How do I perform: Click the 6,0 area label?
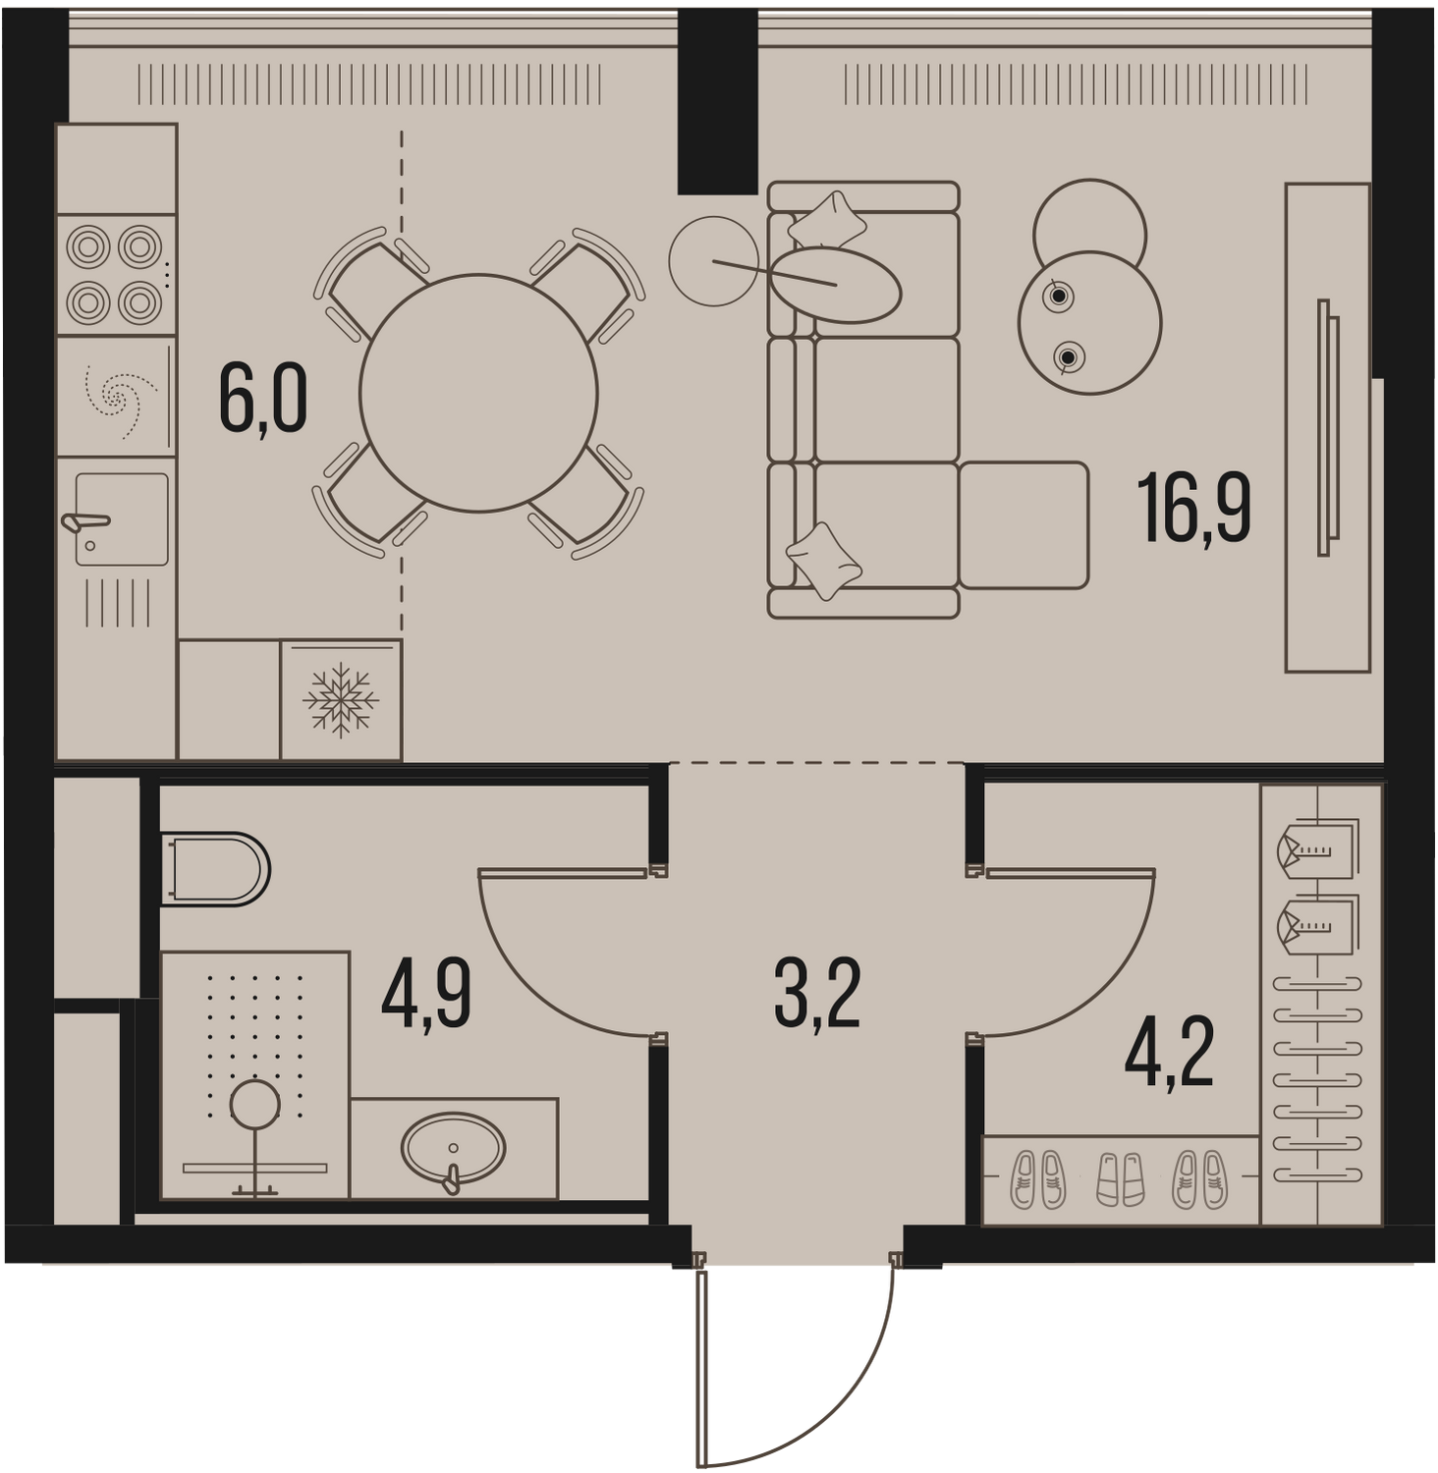coord(263,398)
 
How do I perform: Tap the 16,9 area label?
coord(1193,507)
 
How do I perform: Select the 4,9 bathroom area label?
coord(426,996)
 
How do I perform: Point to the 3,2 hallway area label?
coord(817,994)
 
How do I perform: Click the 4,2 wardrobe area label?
coord(1169,1052)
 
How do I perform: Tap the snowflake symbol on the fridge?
coord(341,700)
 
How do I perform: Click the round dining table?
coord(478,393)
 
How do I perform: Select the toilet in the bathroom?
coord(215,869)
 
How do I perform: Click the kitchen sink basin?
coord(122,518)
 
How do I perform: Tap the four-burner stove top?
coord(115,276)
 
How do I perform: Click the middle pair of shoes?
coord(1121,1178)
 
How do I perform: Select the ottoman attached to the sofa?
coord(1023,525)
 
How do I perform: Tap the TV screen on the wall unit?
coord(1327,427)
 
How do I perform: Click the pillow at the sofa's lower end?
coord(824,561)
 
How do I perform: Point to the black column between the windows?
coord(718,101)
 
